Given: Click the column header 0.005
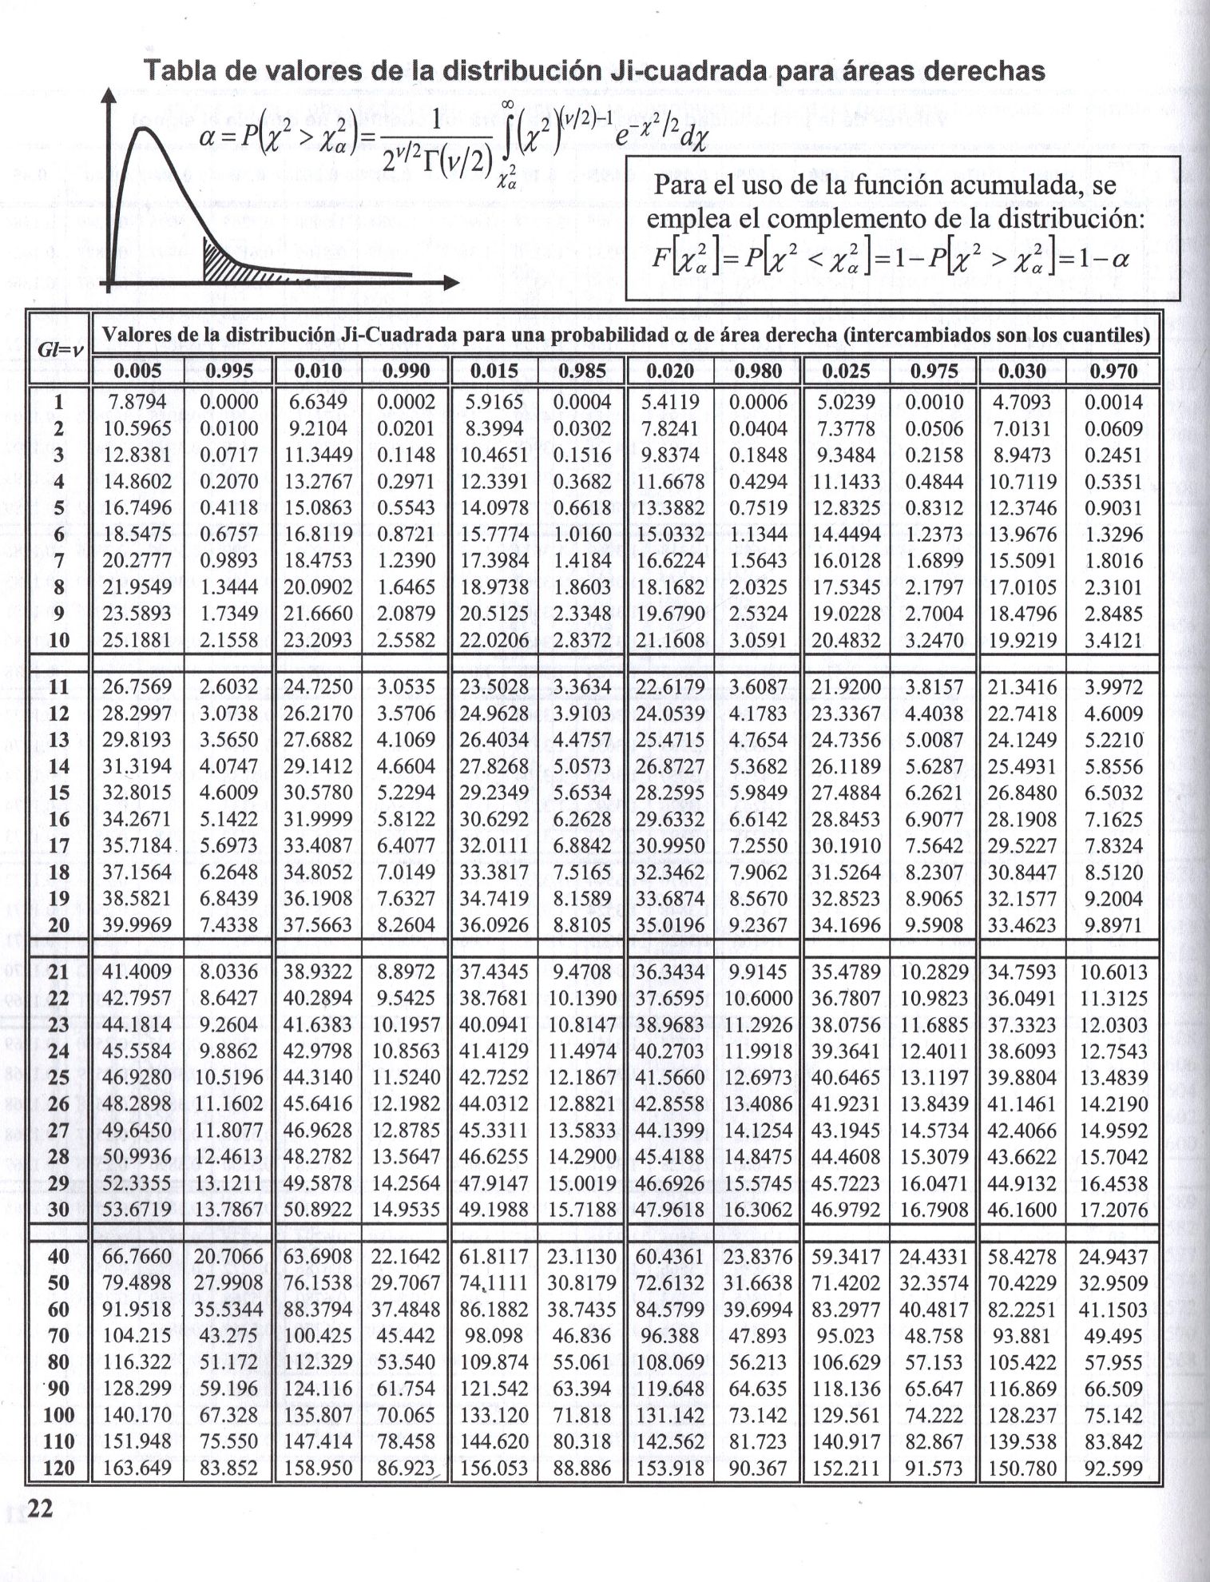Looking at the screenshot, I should (x=137, y=371).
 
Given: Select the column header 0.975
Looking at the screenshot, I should (x=934, y=371).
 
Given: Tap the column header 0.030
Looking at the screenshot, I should (x=1022, y=371).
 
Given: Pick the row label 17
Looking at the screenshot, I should (x=59, y=845).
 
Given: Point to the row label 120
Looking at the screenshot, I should (x=59, y=1468).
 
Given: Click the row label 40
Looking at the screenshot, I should (x=59, y=1257).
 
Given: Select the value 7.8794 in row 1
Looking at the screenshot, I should (x=137, y=402).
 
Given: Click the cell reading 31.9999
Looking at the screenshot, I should (x=318, y=819).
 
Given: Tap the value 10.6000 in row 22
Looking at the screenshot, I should (x=759, y=999).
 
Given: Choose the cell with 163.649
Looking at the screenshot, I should (x=137, y=1468).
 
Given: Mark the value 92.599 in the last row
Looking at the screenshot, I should (x=1113, y=1468).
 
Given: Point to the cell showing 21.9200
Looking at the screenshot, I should (x=846, y=687).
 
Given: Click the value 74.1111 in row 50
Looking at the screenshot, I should (x=494, y=1283).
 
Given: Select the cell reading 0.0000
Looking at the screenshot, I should (x=229, y=402).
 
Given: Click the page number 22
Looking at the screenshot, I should (x=39, y=1508).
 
